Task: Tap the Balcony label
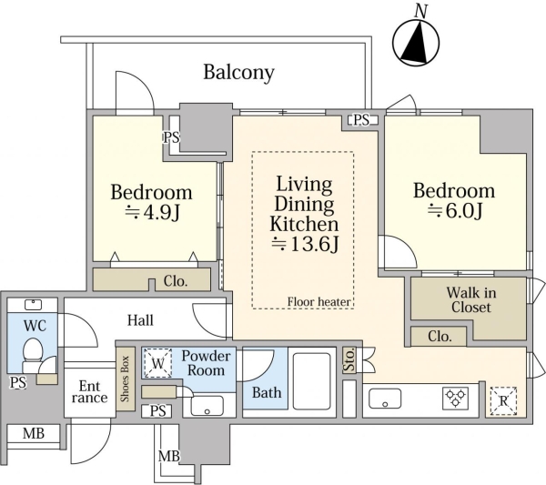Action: tap(238, 73)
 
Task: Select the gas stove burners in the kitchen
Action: tap(456, 399)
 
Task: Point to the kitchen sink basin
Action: tap(385, 399)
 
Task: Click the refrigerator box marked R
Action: tap(503, 401)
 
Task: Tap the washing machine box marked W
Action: tap(157, 363)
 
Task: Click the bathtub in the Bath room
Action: tap(311, 381)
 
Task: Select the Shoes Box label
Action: tap(125, 379)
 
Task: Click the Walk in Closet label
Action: tap(471, 299)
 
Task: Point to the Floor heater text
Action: tap(318, 302)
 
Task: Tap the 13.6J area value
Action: tap(305, 244)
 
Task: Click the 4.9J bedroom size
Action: tap(152, 212)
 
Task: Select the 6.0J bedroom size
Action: tap(455, 210)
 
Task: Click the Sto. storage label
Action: tap(349, 359)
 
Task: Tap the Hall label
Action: tap(140, 320)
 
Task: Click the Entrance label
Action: tap(89, 391)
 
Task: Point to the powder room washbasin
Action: tap(207, 406)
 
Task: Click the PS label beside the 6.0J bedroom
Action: tap(361, 120)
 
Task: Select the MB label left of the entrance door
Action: tap(34, 433)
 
